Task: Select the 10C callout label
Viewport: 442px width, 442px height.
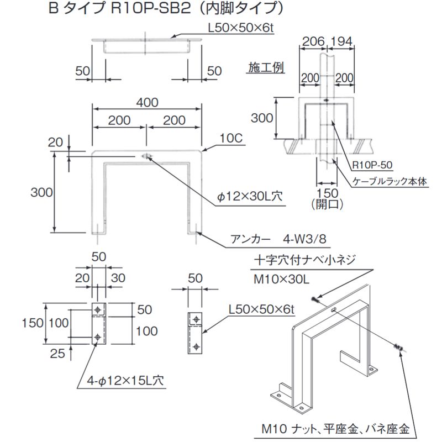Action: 233,139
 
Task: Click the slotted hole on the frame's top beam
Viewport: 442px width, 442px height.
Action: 146,156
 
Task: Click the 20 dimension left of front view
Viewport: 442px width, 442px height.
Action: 56,143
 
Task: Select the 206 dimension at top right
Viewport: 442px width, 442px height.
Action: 312,41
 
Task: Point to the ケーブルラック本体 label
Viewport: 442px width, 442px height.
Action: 390,181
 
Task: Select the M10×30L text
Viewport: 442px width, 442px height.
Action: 281,280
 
